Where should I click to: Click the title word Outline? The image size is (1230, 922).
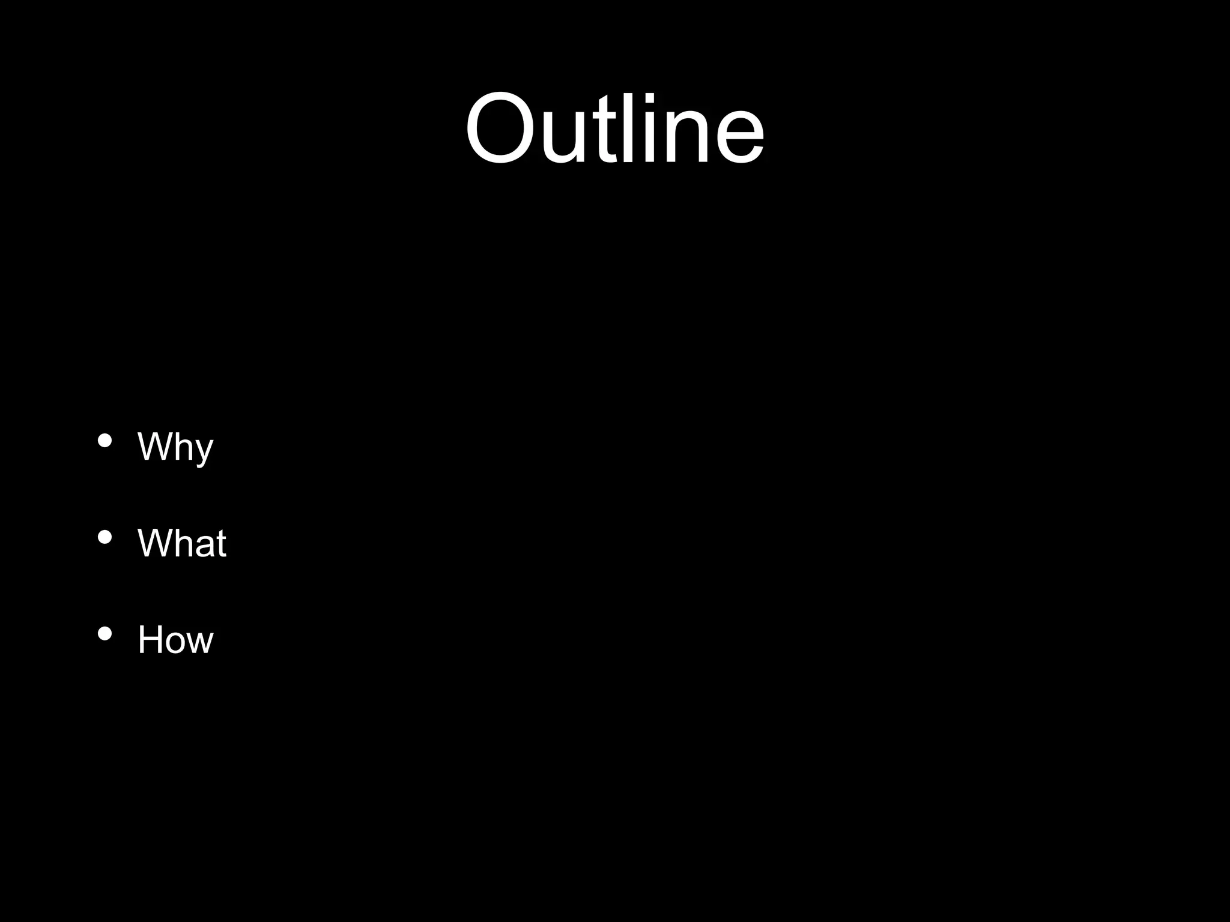614,128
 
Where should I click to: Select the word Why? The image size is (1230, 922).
175,447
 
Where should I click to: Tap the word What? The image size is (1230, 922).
182,543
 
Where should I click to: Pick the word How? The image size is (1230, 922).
175,640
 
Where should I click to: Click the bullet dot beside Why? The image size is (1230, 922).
105,441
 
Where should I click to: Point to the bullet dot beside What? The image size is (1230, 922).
105,538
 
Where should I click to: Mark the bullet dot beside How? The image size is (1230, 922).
105,634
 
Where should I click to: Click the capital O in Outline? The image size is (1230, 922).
499,128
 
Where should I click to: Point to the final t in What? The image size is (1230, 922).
220,544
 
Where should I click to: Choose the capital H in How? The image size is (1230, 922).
150,640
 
